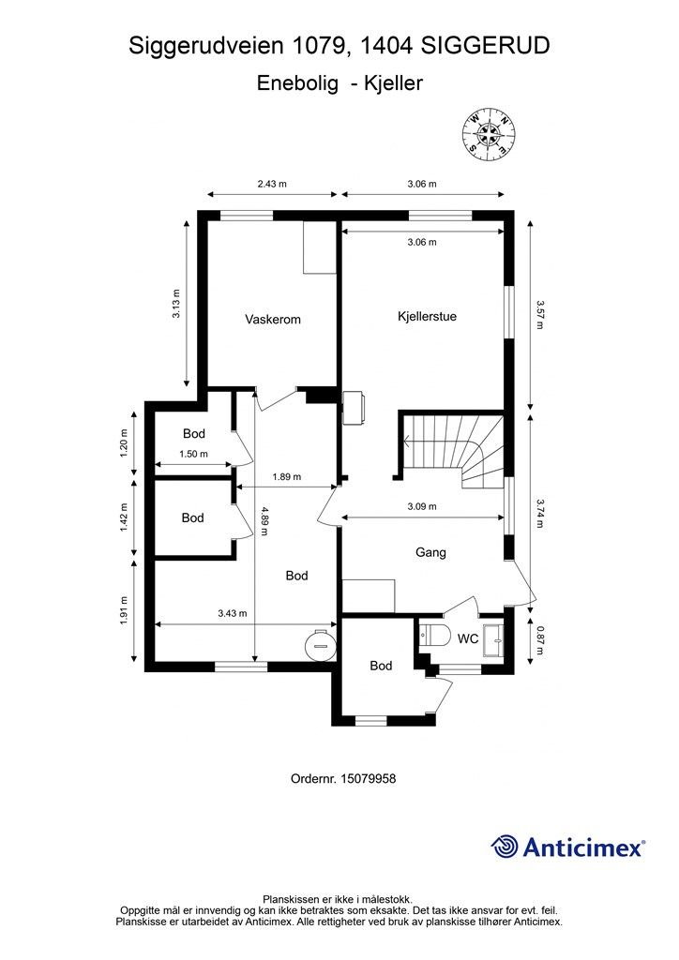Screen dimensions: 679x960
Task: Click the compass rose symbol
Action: coord(490,135)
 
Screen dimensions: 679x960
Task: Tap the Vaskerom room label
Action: coord(273,319)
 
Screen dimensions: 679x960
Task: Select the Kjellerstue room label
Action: coord(427,317)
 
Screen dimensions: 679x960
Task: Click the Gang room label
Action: coord(430,552)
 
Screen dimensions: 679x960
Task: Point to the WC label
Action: coord(468,638)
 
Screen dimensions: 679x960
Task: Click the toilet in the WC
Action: coord(435,636)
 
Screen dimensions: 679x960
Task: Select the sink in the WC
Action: coord(493,640)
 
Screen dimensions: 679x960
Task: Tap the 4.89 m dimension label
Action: coord(264,520)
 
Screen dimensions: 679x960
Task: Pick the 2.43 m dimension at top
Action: coord(272,184)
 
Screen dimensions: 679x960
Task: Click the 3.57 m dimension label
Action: coord(539,314)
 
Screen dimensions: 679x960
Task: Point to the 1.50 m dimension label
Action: coord(193,454)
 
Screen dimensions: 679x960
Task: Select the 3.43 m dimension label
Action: coord(232,613)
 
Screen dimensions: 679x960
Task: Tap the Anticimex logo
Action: coord(567,847)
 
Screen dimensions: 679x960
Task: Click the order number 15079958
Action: coord(368,779)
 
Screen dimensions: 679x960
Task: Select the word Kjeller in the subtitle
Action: coord(393,82)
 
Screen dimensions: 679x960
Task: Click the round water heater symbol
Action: coord(321,644)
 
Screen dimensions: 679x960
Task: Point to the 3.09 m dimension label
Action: coord(422,506)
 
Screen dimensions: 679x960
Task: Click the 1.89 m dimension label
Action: coord(287,476)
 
